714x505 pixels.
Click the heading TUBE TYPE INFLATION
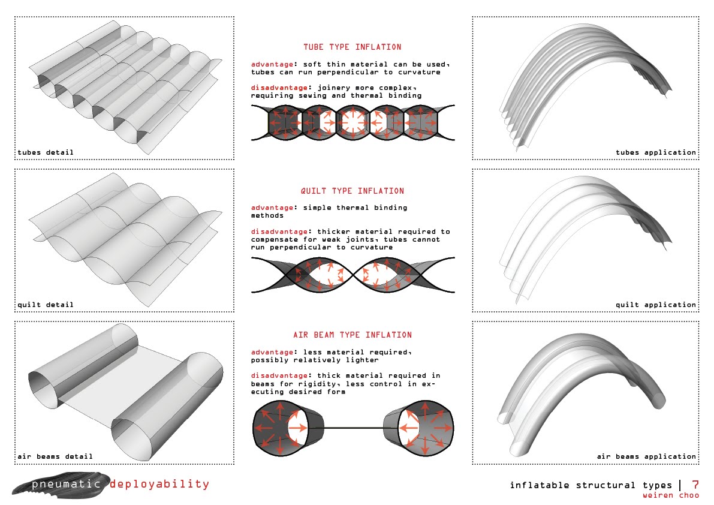point(353,47)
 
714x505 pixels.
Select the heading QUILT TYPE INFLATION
point(353,191)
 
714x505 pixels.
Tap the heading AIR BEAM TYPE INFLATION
point(353,335)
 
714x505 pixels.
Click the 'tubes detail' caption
point(46,152)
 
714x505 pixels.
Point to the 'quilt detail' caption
point(46,304)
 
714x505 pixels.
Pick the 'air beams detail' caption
point(55,456)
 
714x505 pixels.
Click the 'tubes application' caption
point(656,152)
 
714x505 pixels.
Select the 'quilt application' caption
point(656,304)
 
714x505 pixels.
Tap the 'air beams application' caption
point(647,456)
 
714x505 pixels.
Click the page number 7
point(695,485)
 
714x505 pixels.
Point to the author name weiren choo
point(671,495)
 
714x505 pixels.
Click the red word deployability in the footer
point(159,484)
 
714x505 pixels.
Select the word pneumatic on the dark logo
point(66,484)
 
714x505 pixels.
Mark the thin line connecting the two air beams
point(354,428)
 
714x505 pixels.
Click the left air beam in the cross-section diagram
point(287,428)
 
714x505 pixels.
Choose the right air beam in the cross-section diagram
point(419,428)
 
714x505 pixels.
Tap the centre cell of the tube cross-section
point(353,122)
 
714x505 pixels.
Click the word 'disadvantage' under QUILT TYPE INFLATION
point(279,232)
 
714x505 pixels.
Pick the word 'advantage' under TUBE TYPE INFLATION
point(272,64)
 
